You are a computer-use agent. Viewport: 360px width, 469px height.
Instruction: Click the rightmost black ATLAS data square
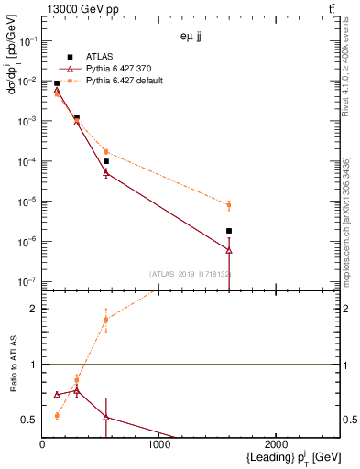click(x=229, y=231)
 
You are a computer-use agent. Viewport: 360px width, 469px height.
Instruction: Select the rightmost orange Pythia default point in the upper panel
click(x=229, y=205)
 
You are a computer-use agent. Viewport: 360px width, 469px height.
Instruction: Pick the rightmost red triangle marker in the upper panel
click(x=229, y=249)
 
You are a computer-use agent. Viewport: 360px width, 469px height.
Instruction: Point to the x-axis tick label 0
click(x=42, y=444)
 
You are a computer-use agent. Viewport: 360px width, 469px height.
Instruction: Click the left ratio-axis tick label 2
click(x=33, y=309)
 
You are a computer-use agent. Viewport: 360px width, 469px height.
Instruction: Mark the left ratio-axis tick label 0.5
click(x=29, y=420)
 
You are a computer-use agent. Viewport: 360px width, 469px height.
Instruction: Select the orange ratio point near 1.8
click(x=106, y=319)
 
